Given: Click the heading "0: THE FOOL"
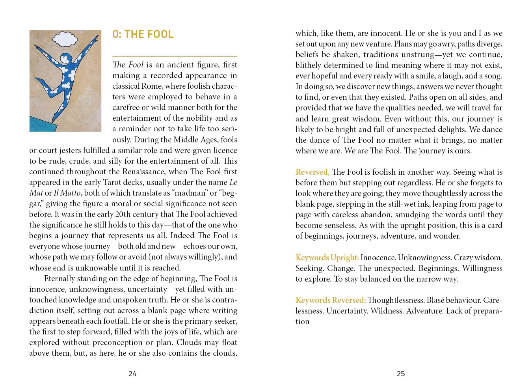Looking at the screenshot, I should [x=143, y=34].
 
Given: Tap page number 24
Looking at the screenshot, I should [x=132, y=374].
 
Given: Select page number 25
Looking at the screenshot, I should [x=401, y=374].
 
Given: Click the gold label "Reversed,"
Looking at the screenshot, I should [x=313, y=172].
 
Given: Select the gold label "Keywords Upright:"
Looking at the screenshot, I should [x=327, y=258].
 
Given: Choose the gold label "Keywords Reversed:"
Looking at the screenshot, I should [x=331, y=300].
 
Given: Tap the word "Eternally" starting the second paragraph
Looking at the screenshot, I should [x=61, y=278].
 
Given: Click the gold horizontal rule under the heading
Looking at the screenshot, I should [x=175, y=56].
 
